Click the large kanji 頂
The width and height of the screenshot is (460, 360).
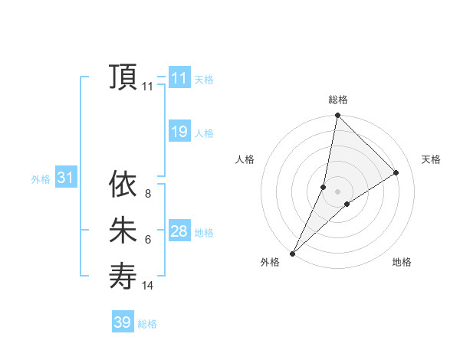(123, 77)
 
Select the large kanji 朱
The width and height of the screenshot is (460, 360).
(123, 231)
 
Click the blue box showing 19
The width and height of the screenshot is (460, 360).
(179, 132)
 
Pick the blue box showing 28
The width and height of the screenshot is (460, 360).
(179, 231)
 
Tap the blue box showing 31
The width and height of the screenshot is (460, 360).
(66, 178)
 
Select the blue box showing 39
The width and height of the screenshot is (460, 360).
(123, 322)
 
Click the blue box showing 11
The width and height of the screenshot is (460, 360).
(179, 78)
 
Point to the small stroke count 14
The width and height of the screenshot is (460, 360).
(147, 286)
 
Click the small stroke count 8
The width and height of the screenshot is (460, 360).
(147, 194)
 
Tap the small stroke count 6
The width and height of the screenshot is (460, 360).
(147, 240)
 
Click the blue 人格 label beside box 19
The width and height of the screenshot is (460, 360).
(204, 133)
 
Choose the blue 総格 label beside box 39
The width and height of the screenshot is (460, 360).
(147, 324)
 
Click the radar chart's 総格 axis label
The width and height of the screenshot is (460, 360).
(337, 100)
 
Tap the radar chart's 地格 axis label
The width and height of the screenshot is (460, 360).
(402, 262)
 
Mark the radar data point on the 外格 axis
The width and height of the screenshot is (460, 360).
(292, 254)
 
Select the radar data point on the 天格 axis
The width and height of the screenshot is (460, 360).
(396, 172)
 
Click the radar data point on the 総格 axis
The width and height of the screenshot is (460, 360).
(337, 116)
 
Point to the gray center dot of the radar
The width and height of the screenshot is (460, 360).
(337, 191)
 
